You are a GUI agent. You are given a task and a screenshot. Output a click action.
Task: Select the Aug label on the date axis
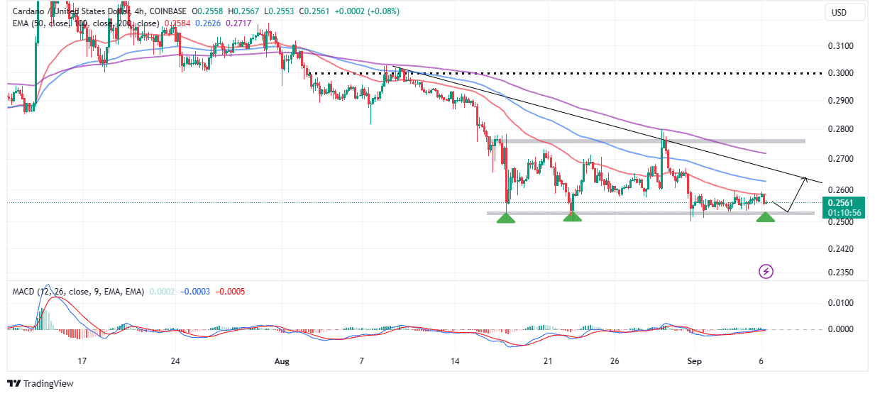(x=282, y=361)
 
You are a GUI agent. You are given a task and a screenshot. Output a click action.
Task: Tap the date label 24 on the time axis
(x=175, y=361)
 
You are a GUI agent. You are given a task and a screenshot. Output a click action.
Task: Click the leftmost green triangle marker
(x=505, y=217)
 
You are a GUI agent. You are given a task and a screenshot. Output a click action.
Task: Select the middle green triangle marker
(x=572, y=217)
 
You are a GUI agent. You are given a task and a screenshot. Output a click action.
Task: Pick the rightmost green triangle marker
(x=765, y=217)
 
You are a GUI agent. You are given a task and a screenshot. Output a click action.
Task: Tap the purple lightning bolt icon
(x=766, y=271)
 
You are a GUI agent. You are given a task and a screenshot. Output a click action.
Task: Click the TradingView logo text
(x=48, y=384)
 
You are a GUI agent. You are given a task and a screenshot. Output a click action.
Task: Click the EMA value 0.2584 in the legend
(x=177, y=23)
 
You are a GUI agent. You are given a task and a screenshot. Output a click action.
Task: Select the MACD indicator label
(x=22, y=291)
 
